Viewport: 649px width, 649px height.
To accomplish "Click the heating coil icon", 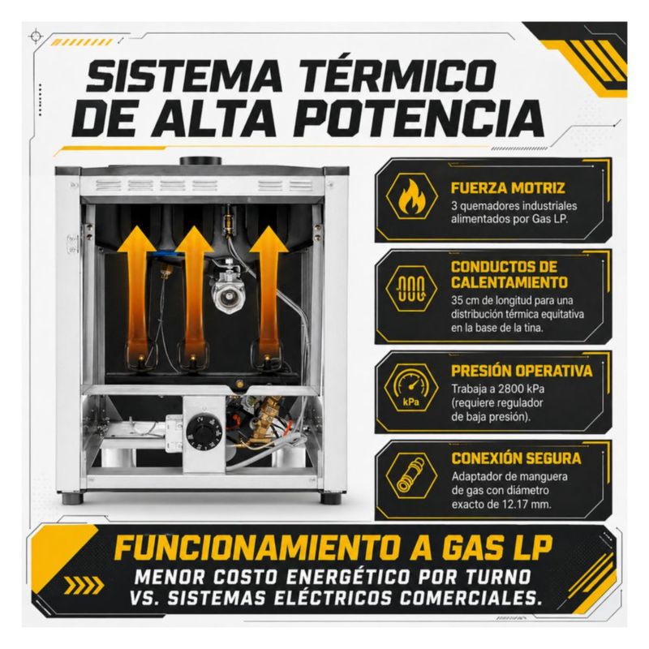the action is pos(411,287).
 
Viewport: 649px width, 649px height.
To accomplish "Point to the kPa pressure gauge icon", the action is pos(411,386).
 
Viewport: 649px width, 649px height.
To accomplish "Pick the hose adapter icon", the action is pos(411,476).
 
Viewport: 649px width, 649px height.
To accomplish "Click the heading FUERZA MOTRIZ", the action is pos(508,188).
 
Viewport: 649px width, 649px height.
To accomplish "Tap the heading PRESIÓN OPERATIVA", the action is pos(522,371).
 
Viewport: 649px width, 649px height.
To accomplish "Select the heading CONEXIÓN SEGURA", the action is pos(516,458).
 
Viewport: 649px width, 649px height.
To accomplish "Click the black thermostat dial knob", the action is pos(199,432).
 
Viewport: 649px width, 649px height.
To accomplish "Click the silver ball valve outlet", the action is pos(227,295).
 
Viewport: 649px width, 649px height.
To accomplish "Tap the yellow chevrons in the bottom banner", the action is pos(84,585).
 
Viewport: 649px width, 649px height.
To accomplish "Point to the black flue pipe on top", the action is pos(200,161).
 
